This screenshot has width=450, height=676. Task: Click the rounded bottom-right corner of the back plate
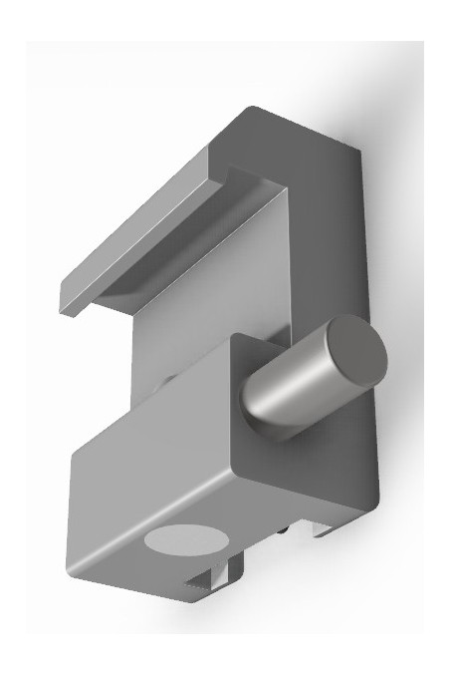pos(370,499)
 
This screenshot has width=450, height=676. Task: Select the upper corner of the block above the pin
pos(231,339)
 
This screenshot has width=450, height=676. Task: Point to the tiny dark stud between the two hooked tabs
pos(287,533)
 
